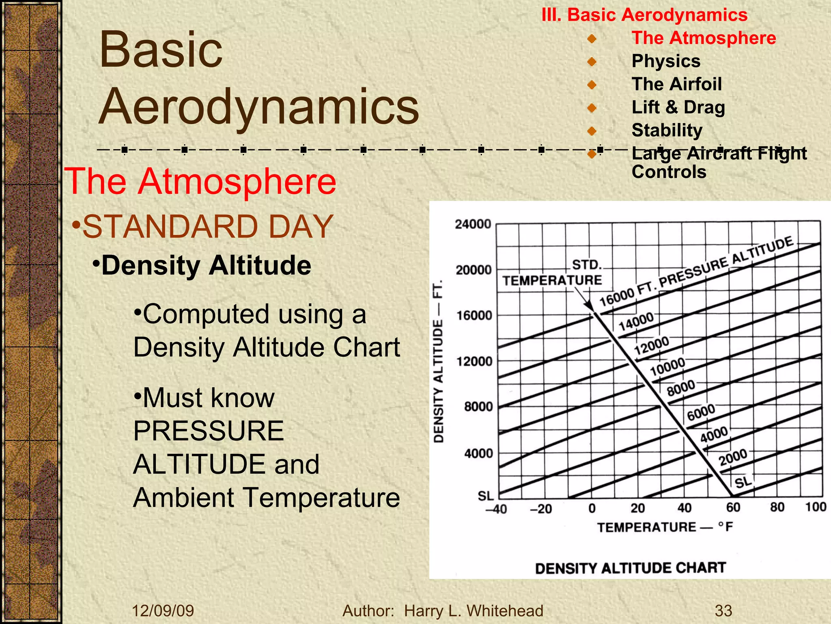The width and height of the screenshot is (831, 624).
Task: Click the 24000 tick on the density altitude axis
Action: (x=473, y=224)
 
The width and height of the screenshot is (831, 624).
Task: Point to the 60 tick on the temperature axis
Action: (x=733, y=507)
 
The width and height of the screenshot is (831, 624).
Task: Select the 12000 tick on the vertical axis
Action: (x=474, y=361)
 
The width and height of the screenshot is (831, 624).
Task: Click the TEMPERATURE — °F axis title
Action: (x=665, y=527)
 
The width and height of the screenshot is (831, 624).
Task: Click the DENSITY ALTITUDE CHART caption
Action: (x=630, y=568)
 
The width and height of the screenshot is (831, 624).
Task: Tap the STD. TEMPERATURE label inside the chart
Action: (x=553, y=273)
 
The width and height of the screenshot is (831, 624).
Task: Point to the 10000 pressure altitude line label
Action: (x=667, y=366)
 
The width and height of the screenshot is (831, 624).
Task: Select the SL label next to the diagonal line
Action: (x=743, y=483)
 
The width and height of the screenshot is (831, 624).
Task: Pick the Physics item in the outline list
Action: (x=666, y=61)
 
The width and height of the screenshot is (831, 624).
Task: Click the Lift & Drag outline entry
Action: (x=678, y=107)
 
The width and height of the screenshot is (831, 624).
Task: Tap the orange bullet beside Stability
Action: (x=592, y=131)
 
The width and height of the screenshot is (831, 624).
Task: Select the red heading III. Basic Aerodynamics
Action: (x=644, y=15)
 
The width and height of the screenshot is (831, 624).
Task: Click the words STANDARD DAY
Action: (x=208, y=227)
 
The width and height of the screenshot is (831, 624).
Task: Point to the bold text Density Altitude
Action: (x=206, y=266)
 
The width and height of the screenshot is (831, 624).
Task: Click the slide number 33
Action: (x=723, y=611)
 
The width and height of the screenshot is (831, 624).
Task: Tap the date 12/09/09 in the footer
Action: (x=163, y=611)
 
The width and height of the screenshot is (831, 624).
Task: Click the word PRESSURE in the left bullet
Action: (x=209, y=431)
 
